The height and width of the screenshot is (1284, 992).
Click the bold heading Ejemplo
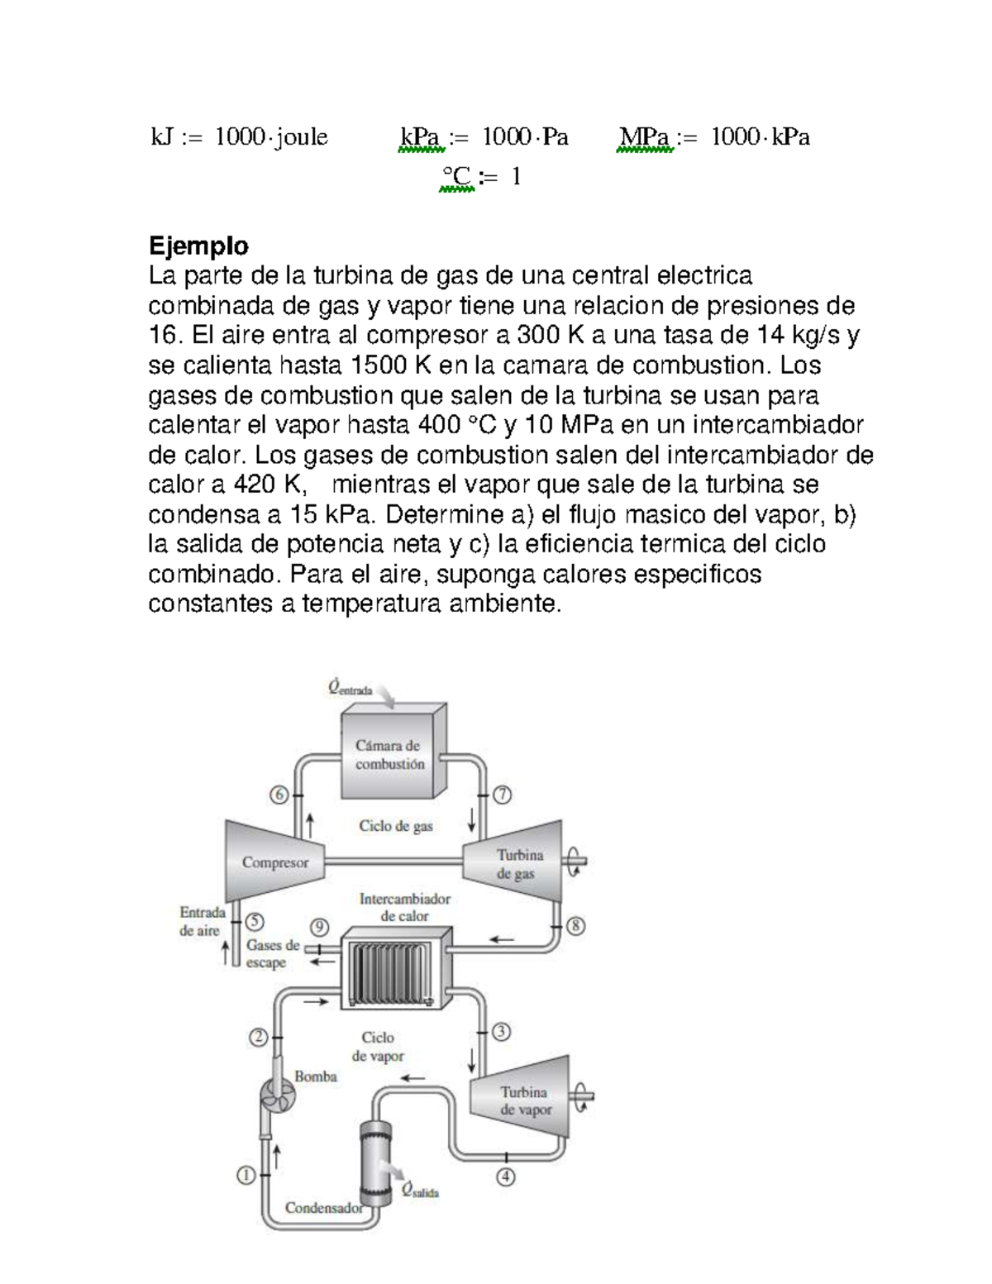click(x=198, y=246)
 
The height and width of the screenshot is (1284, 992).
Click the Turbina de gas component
click(x=517, y=862)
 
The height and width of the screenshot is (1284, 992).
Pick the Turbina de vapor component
click(x=522, y=1100)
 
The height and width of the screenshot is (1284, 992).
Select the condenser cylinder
click(x=375, y=1167)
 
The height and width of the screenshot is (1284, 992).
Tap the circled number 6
click(x=279, y=795)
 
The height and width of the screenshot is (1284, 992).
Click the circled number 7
click(x=502, y=795)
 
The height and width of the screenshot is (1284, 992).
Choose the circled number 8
click(x=575, y=925)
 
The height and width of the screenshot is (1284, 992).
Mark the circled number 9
click(x=319, y=928)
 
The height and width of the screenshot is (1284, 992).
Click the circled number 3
click(x=501, y=1031)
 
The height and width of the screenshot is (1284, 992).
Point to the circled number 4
click(x=506, y=1176)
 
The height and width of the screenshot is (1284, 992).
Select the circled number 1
click(x=246, y=1174)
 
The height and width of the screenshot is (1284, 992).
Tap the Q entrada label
click(x=350, y=688)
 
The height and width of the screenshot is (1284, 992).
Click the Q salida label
click(x=420, y=1191)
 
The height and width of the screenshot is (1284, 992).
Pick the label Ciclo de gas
click(x=395, y=825)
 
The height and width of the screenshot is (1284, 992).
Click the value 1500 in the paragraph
click(x=378, y=365)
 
